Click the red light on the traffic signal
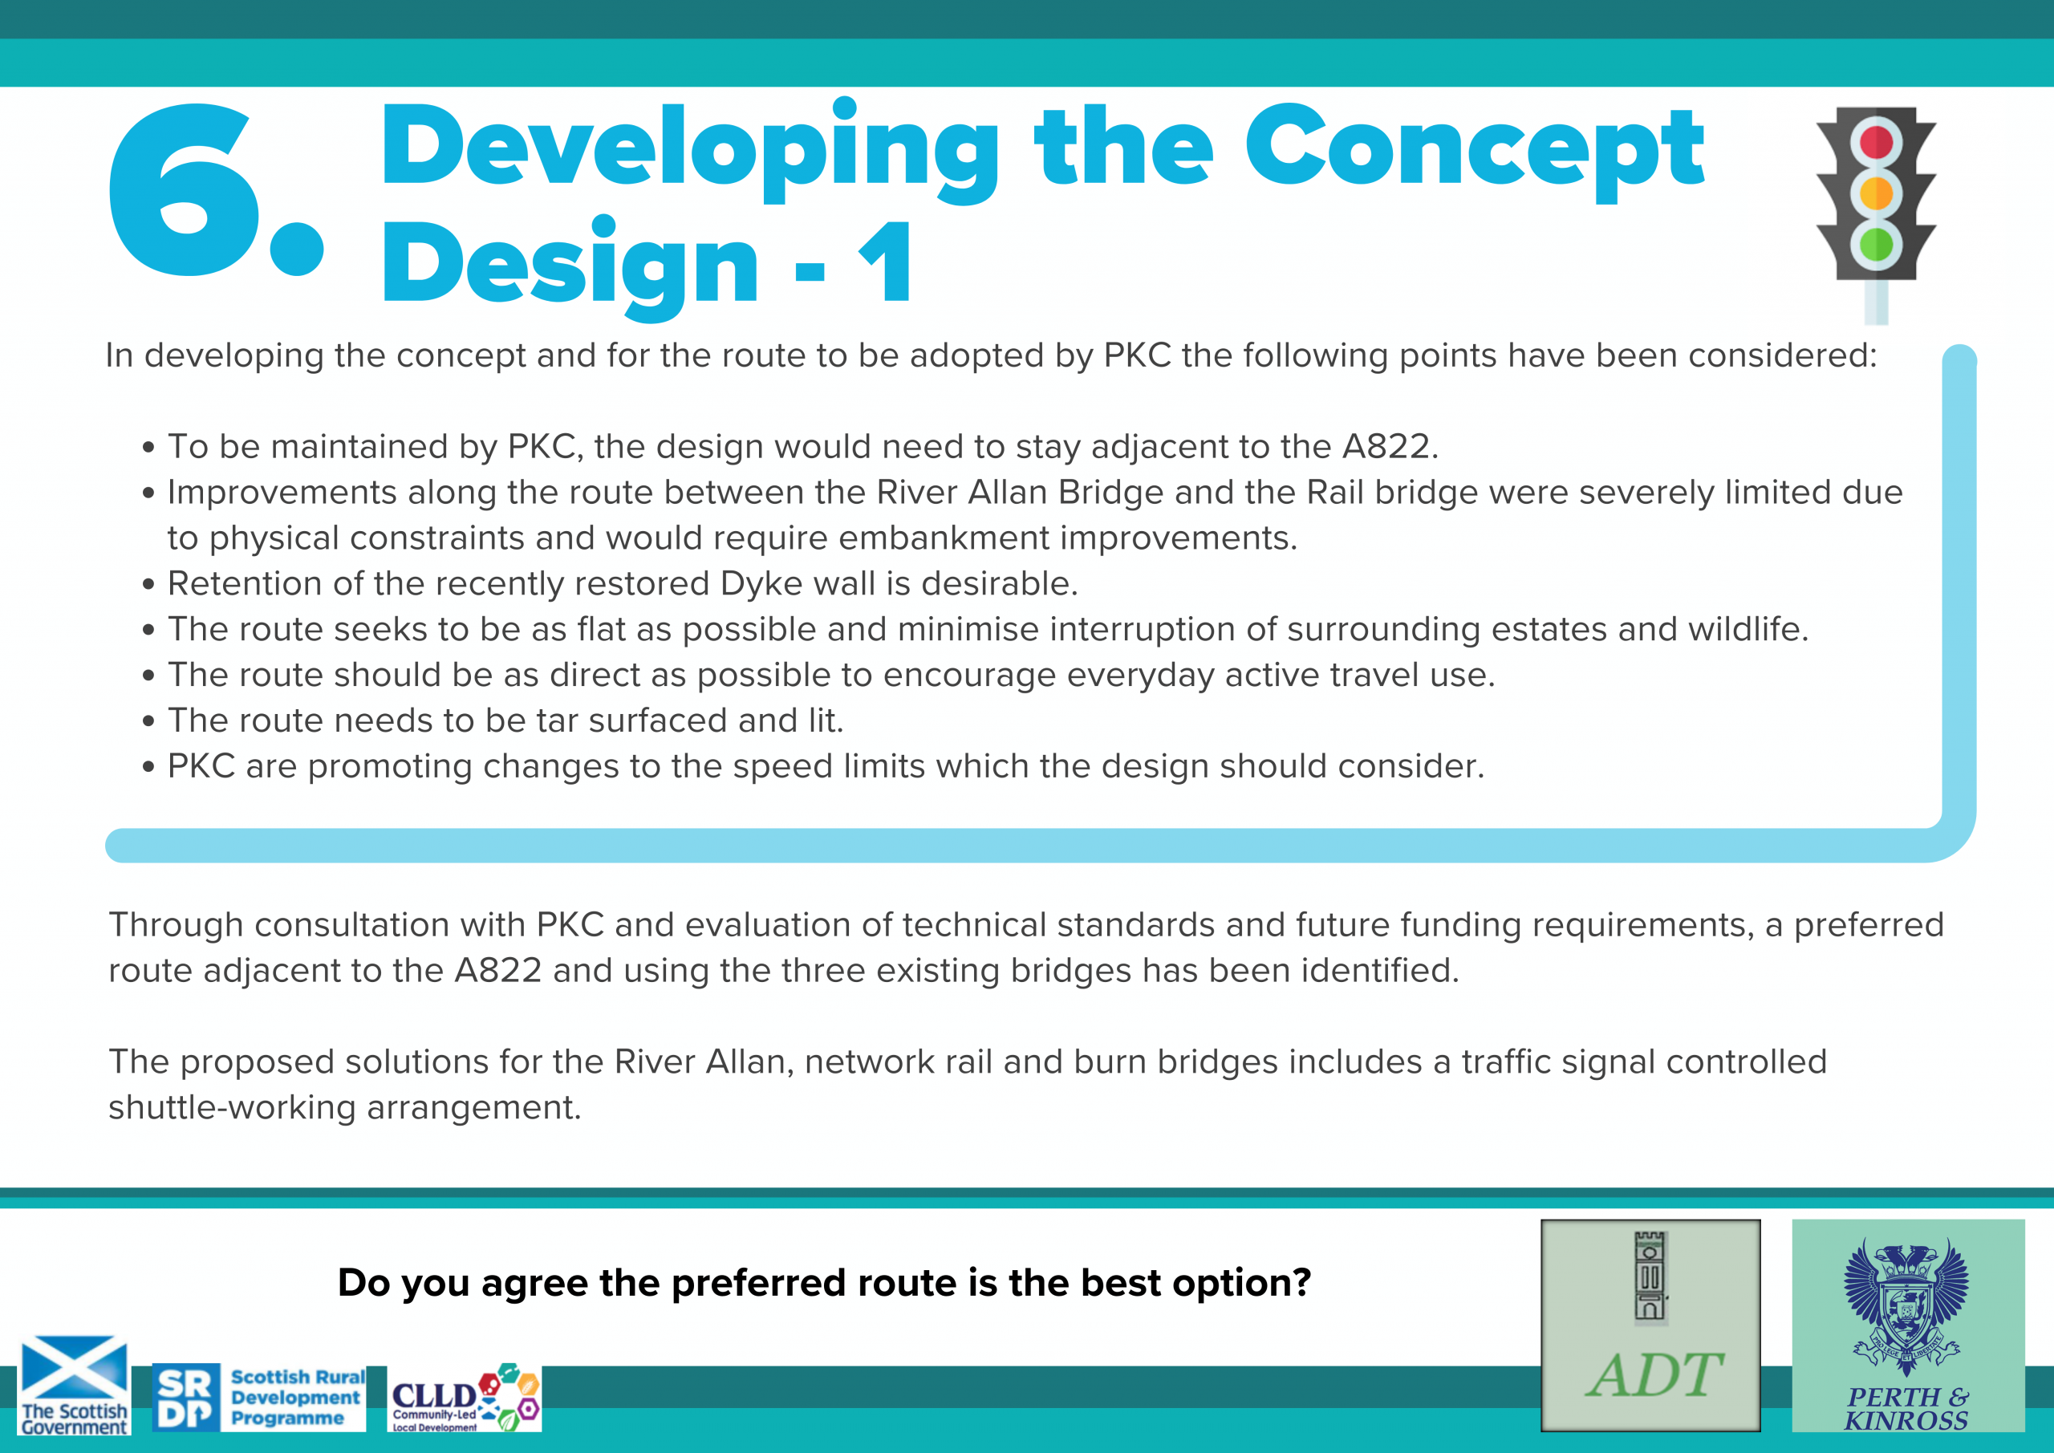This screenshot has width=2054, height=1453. click(1875, 142)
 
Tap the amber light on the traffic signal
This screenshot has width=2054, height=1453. click(1875, 193)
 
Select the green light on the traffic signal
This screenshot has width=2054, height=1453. click(1875, 243)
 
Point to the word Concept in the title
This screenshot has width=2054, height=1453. click(1474, 148)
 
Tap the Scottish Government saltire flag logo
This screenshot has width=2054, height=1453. click(75, 1385)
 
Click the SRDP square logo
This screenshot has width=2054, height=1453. click(185, 1397)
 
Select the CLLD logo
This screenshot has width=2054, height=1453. click(465, 1398)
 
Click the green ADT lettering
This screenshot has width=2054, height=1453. click(1654, 1375)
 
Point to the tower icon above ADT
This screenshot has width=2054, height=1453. click(1650, 1276)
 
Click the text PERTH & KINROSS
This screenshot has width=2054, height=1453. click(1906, 1409)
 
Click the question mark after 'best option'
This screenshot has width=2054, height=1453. click(1301, 1281)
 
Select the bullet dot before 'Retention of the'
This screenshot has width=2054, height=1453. click(148, 584)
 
